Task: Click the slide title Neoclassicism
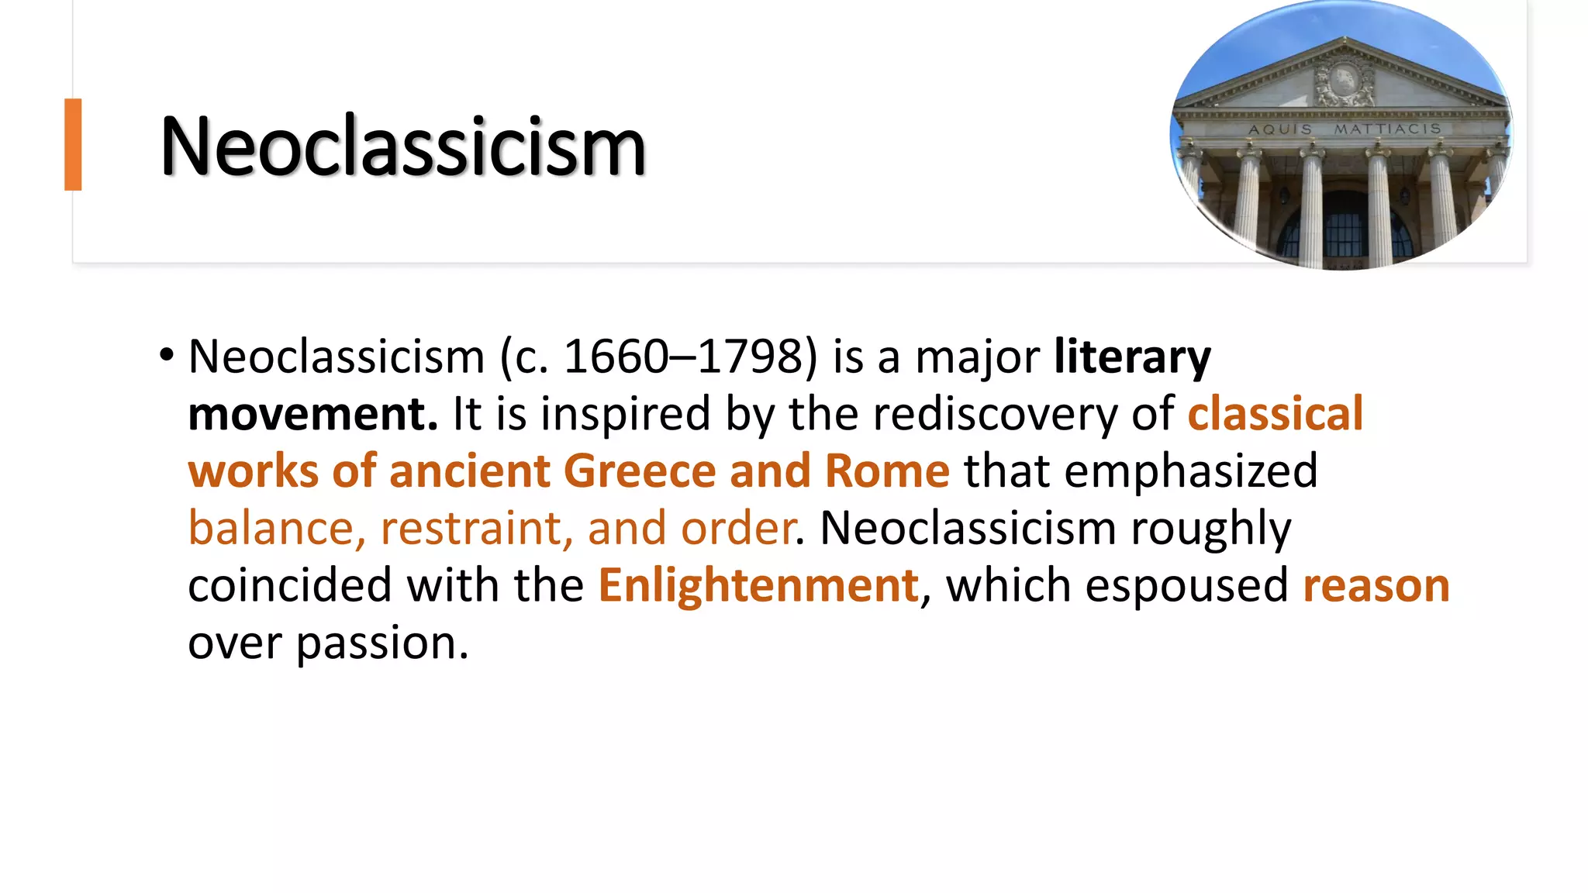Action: point(402,147)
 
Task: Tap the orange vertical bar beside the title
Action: point(73,144)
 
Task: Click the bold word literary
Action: point(1132,357)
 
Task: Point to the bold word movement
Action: point(312,414)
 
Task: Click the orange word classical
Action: point(1276,414)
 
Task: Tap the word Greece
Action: point(640,471)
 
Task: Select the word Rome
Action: point(887,471)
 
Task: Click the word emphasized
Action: point(1191,471)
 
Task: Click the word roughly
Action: point(1210,529)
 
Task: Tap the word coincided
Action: point(290,585)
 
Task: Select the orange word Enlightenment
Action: point(758,585)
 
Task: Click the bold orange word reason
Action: point(1376,585)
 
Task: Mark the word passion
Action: point(382,643)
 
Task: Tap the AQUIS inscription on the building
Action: point(1279,129)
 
